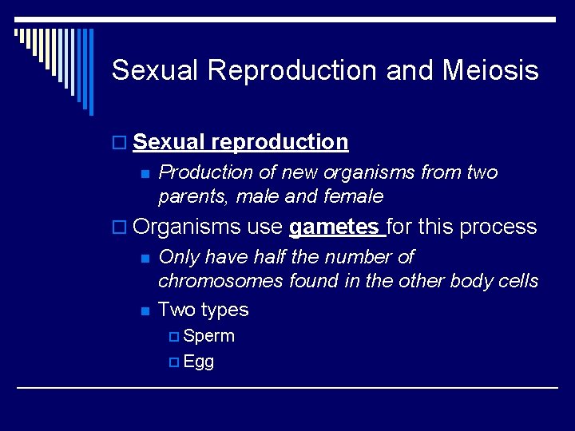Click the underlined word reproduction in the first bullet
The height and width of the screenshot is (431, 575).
(x=280, y=142)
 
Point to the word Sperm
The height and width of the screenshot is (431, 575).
(x=208, y=336)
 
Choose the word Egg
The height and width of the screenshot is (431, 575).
(x=198, y=362)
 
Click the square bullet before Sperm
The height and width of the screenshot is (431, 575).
(x=175, y=337)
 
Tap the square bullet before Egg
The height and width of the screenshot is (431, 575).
(x=175, y=362)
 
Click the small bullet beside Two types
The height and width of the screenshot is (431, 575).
(x=145, y=310)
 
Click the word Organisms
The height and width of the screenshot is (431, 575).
(x=187, y=227)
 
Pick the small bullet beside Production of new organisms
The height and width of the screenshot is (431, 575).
(x=145, y=173)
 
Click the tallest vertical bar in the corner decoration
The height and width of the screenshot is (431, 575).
(x=90, y=72)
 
